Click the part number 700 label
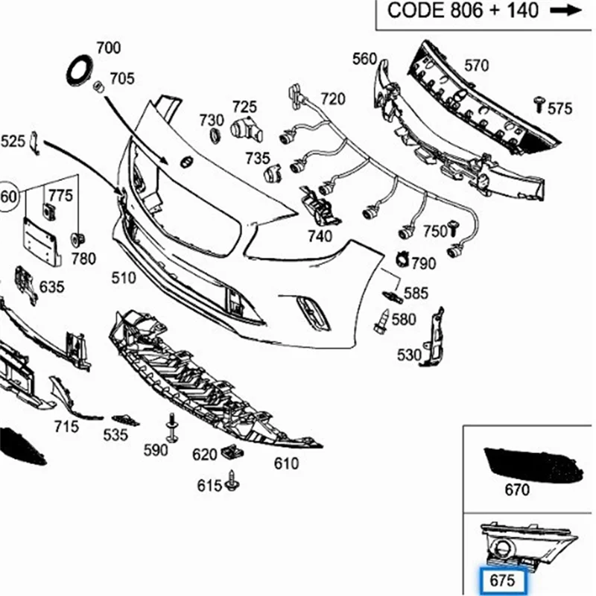(x=108, y=48)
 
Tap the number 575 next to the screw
(x=559, y=109)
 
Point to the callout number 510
(x=124, y=278)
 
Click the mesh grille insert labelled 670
(x=533, y=464)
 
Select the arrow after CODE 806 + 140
(x=565, y=10)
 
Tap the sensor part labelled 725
(x=246, y=131)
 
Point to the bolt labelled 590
(x=172, y=427)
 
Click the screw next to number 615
(x=235, y=482)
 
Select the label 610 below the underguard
(x=286, y=464)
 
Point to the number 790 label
(x=423, y=263)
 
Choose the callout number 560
(x=365, y=59)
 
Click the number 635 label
(x=51, y=286)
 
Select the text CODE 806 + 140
(x=463, y=10)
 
